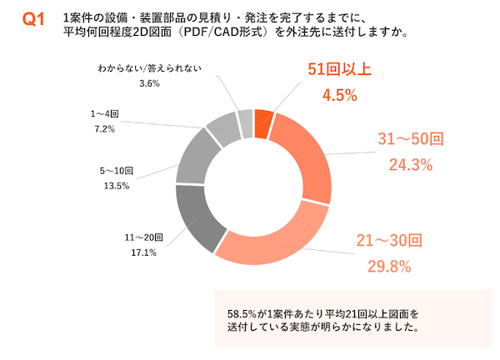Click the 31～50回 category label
tap(408, 140)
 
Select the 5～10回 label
tap(117, 171)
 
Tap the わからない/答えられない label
tap(149, 69)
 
